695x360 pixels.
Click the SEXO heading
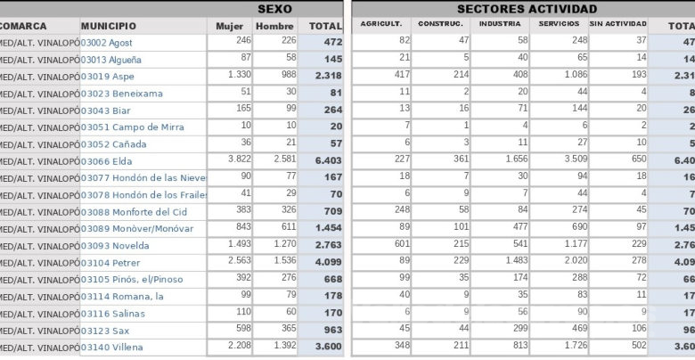click(x=274, y=8)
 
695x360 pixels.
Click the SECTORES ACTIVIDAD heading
click(x=527, y=8)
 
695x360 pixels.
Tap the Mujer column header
click(x=229, y=26)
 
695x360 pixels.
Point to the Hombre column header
click(x=274, y=26)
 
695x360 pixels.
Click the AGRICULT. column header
click(x=381, y=24)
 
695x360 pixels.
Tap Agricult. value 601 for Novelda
click(x=401, y=245)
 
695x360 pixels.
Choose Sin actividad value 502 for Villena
click(x=636, y=347)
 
